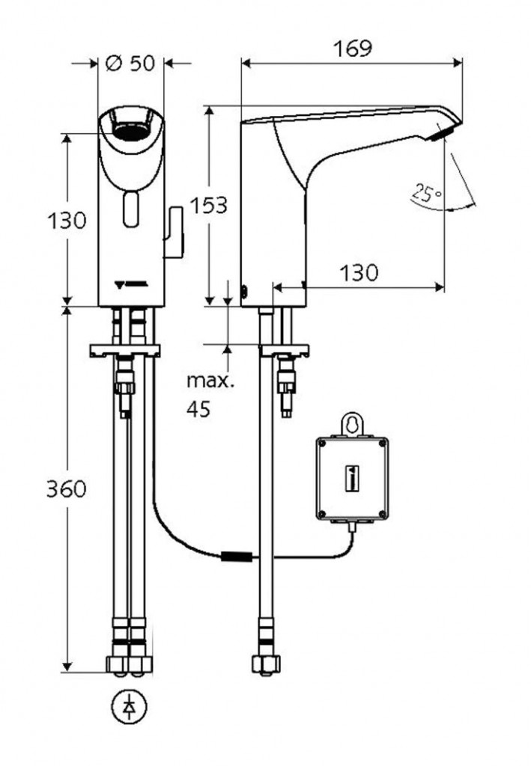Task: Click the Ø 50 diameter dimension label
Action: (x=132, y=63)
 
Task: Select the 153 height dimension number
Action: (x=207, y=205)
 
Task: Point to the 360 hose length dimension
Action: (x=67, y=489)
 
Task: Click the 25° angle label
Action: (x=426, y=194)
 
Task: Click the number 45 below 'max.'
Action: (x=198, y=408)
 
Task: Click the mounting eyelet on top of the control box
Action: (x=352, y=423)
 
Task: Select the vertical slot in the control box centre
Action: (x=352, y=477)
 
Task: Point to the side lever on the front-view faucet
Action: (x=175, y=233)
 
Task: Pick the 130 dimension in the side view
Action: (x=360, y=273)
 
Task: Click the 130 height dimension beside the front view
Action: (x=67, y=221)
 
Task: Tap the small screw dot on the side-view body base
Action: (x=243, y=291)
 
